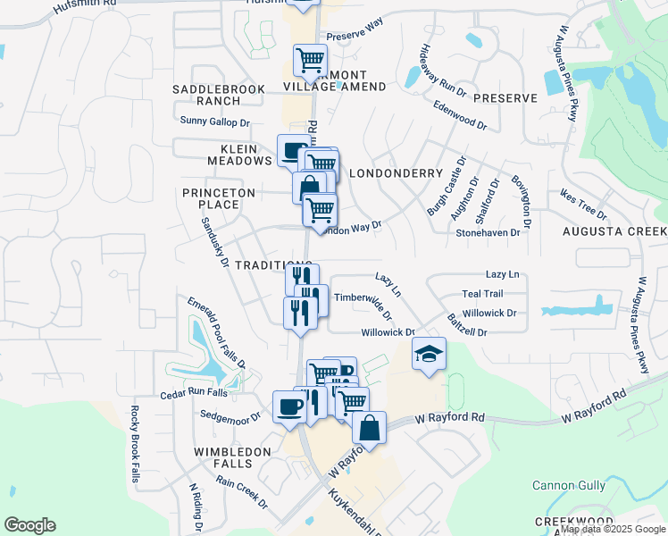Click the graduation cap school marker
pos(429,356)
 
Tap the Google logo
pos(29,525)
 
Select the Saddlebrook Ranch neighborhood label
pos(206,95)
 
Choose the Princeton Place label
pos(219,198)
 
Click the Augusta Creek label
pos(614,231)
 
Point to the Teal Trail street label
pos(482,294)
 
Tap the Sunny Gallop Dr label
pos(215,121)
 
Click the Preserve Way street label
pos(355,29)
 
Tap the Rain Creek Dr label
pos(241,492)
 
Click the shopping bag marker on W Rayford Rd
pos(369,428)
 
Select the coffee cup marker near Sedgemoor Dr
pos(290,406)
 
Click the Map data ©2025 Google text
pos(614,529)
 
